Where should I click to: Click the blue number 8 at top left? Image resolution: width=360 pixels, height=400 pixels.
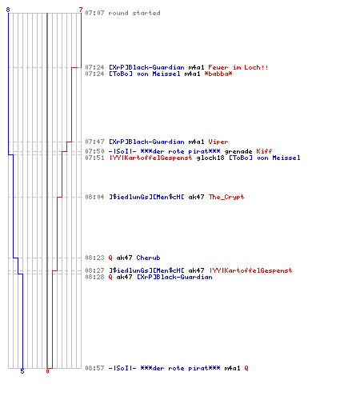(8, 10)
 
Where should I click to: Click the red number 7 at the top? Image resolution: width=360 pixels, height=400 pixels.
(81, 10)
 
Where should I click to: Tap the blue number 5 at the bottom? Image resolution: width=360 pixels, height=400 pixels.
(22, 371)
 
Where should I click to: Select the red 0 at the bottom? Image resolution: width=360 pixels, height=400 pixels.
(47, 371)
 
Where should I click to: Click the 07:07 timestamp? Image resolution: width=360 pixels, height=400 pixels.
(94, 13)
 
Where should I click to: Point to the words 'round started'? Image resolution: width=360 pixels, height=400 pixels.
(134, 13)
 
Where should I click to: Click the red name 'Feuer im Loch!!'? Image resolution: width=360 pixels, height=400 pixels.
(238, 67)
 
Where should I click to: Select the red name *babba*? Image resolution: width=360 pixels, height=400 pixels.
(218, 74)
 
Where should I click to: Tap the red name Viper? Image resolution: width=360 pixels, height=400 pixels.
(218, 142)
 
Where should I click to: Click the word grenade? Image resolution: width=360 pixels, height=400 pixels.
(238, 151)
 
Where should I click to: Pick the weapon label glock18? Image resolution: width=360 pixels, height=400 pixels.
(210, 158)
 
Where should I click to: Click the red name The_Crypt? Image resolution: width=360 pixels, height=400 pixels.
(226, 197)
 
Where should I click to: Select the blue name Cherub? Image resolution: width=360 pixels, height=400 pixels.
(148, 258)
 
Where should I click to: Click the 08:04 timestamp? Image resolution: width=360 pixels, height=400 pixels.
(94, 197)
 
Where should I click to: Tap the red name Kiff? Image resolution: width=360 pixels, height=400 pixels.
(264, 151)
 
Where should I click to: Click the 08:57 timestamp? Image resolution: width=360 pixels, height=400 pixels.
(94, 368)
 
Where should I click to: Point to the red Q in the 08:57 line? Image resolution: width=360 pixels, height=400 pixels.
(246, 368)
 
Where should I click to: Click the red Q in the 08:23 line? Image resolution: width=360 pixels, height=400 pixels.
(110, 258)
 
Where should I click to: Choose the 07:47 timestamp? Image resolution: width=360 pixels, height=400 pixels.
(94, 142)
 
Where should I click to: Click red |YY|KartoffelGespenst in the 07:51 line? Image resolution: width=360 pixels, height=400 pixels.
(150, 158)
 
